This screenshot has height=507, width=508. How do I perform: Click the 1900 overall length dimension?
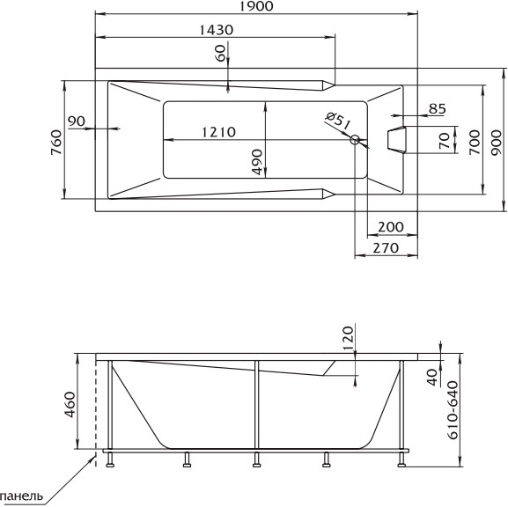256,6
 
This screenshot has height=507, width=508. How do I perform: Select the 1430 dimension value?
216,30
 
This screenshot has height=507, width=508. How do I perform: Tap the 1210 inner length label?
218,132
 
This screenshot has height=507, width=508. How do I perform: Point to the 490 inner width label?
257,162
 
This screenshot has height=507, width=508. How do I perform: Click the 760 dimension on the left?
56,143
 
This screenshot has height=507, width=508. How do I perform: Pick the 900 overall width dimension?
497,143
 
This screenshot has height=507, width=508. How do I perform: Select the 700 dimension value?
475,143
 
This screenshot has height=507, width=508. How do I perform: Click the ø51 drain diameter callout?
338,121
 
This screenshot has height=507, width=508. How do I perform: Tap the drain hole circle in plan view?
355,140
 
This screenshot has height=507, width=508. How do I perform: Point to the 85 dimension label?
438,109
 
